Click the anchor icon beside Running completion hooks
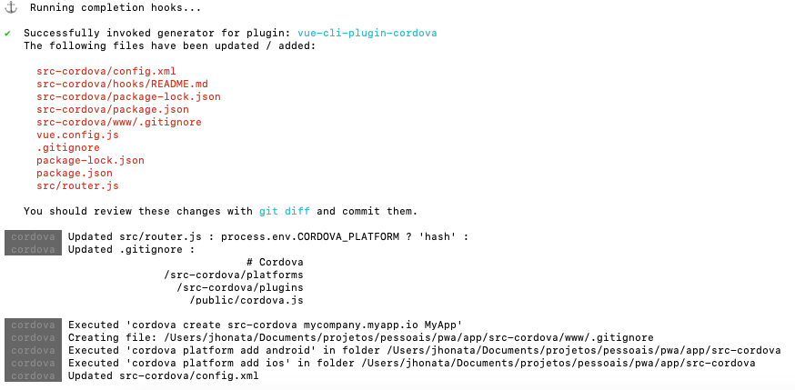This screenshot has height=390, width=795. tap(11, 7)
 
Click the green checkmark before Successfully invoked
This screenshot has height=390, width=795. tap(7, 34)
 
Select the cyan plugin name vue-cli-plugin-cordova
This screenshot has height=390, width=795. tap(367, 33)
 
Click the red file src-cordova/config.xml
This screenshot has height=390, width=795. tap(106, 72)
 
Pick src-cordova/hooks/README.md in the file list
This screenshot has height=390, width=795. tap(122, 84)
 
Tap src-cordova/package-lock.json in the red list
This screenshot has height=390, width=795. tap(128, 96)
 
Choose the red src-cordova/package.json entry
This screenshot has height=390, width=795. tap(113, 109)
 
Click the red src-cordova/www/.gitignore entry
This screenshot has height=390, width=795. tap(118, 122)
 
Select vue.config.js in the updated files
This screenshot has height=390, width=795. tap(77, 135)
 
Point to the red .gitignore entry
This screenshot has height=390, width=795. tap(68, 147)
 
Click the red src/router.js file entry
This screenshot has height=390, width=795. tap(77, 185)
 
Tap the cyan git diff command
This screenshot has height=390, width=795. tap(285, 211)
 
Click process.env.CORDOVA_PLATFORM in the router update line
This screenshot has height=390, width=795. tap(310, 236)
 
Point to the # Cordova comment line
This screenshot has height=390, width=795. tap(275, 263)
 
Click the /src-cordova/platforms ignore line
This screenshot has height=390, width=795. tap(234, 275)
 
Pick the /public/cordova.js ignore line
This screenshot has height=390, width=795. tap(247, 300)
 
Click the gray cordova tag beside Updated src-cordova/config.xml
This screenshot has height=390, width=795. tap(33, 375)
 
